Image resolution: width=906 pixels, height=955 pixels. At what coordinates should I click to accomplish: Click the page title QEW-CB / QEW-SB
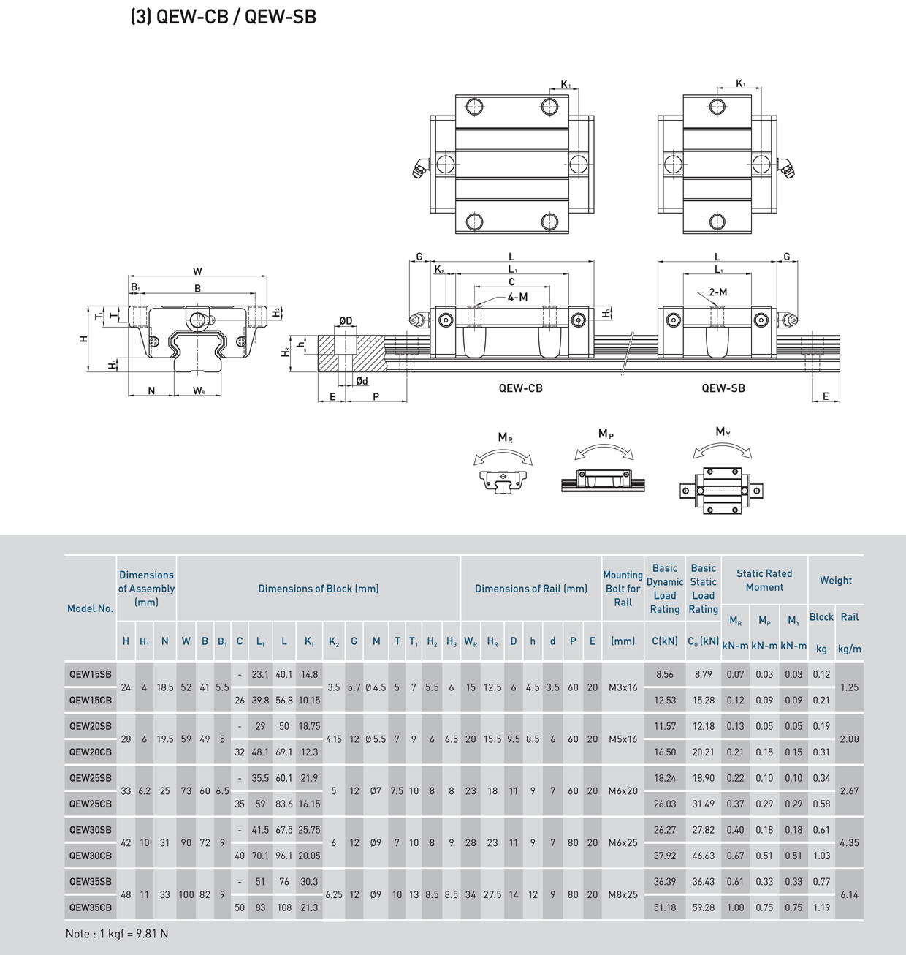[224, 17]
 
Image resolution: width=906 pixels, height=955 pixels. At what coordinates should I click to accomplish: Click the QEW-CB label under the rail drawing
[520, 388]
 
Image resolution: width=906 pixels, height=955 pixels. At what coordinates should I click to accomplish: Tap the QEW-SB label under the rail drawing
[723, 388]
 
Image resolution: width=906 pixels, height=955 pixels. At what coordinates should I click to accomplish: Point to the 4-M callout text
[517, 298]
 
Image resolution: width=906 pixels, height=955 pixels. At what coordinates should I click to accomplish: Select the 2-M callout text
[718, 292]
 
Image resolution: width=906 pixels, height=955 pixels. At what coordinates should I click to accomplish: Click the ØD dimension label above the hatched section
[346, 320]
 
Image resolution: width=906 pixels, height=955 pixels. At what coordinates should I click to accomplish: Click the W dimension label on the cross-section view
[197, 271]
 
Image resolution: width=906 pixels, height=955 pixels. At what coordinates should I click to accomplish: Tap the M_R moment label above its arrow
[505, 438]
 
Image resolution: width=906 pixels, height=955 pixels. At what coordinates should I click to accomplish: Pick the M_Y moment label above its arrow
[723, 431]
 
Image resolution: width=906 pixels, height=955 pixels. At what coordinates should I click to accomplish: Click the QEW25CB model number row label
[91, 804]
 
